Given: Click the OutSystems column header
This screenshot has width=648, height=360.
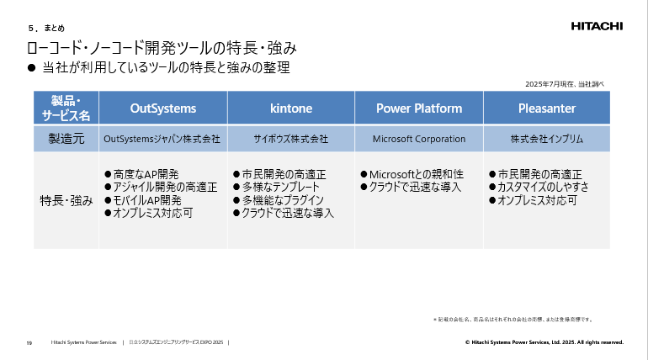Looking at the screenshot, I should click(x=163, y=109).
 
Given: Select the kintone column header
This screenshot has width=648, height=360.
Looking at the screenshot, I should click(x=291, y=109).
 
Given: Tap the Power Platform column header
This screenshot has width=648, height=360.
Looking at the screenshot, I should click(x=419, y=109).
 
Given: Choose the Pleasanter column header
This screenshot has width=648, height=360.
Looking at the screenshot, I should click(x=547, y=109).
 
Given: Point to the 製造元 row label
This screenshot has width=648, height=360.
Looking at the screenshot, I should click(x=66, y=138).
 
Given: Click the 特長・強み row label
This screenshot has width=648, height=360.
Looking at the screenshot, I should click(x=66, y=201).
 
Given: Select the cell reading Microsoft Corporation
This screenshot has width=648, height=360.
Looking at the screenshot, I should click(x=419, y=138).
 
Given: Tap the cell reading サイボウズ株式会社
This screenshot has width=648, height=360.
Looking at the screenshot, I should click(x=291, y=138).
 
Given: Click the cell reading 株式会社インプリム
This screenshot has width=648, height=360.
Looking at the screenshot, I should click(x=547, y=138).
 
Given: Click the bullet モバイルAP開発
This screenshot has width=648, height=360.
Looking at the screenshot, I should click(x=142, y=200).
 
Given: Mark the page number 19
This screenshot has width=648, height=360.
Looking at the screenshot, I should click(x=29, y=342).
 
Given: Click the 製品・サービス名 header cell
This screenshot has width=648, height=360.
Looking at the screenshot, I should click(x=66, y=109).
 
